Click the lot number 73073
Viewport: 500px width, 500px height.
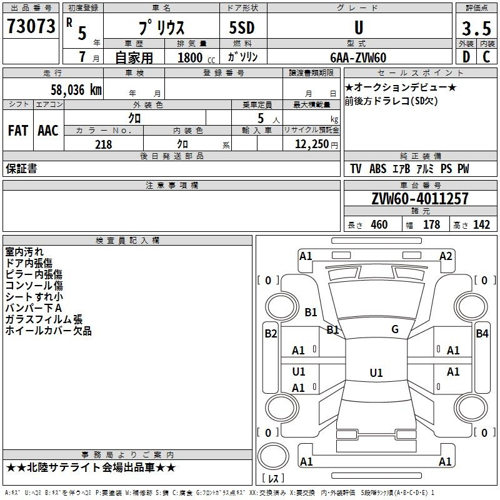(31, 26)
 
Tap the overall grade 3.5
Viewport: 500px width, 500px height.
(476, 28)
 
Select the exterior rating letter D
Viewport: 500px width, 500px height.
(466, 57)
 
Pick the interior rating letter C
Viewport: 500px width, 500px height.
(486, 57)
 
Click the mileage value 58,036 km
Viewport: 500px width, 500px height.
(76, 90)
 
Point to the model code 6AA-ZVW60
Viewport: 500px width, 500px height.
(358, 57)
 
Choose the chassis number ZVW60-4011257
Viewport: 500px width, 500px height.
(420, 199)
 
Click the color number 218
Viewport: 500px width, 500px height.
(103, 144)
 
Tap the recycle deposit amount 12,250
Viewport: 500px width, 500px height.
(312, 144)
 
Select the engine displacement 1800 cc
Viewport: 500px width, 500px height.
(196, 57)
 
